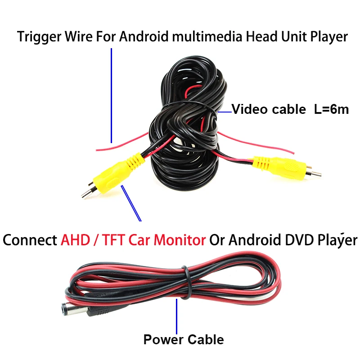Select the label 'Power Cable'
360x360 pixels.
(x=184, y=339)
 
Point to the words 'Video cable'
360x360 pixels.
(x=268, y=109)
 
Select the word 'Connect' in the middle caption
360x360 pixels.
(x=30, y=240)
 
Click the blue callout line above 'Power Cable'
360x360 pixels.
(x=177, y=315)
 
